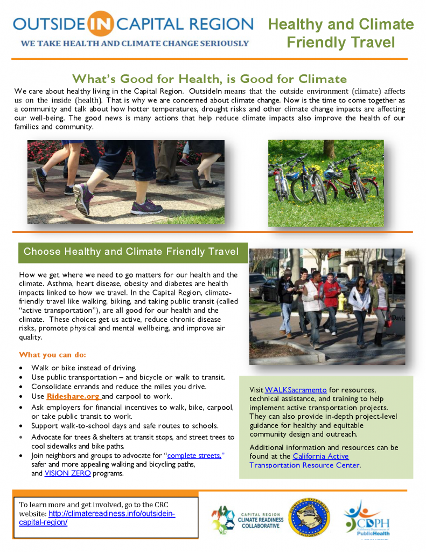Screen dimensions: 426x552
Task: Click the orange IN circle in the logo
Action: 100,24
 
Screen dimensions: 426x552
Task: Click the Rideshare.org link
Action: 74,396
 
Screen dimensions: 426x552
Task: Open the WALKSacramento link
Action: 296,390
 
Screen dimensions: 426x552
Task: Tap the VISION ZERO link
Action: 67,473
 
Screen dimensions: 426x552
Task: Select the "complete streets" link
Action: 194,456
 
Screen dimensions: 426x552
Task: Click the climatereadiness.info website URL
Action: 97,518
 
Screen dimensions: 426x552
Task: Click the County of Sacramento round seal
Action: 309,517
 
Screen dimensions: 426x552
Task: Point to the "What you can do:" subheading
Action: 52,355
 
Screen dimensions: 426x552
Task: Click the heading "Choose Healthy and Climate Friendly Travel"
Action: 131,251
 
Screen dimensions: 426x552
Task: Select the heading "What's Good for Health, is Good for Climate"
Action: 209,79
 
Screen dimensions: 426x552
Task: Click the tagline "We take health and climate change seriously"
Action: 135,44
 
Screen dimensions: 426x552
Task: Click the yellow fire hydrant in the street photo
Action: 341,302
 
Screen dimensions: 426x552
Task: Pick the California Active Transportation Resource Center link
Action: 304,460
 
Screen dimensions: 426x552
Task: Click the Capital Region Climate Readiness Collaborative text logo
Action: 261,520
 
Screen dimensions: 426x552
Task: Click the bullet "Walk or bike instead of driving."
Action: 83,368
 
